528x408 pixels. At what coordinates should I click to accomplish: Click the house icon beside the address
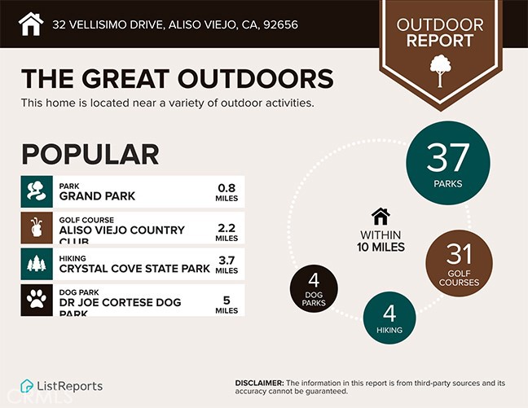point(30,24)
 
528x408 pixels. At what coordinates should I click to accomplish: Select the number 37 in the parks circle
point(448,156)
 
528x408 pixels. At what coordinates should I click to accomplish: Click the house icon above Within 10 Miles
point(380,217)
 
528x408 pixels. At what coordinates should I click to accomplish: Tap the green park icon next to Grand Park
point(37,191)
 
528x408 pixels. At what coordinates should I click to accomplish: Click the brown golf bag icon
point(37,229)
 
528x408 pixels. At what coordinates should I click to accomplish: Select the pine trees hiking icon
point(37,265)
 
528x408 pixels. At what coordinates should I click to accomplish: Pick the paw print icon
point(37,301)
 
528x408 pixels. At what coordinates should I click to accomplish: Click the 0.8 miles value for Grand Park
point(227,191)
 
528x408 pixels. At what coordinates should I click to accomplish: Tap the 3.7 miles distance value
point(227,265)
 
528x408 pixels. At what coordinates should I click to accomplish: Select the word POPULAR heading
point(90,154)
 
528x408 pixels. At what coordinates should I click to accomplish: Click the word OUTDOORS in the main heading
point(246,79)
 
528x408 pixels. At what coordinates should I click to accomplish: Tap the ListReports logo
point(62,385)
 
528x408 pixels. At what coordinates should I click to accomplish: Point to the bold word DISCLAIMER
point(259,383)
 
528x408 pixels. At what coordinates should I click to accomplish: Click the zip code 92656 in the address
point(279,24)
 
